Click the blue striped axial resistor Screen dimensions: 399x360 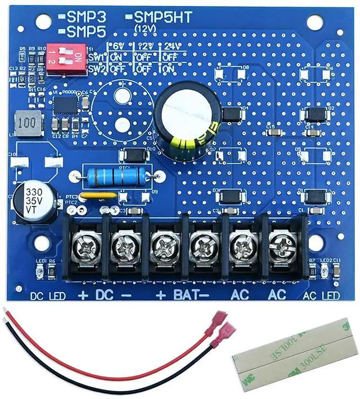click(x=117, y=176)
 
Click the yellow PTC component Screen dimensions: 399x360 click(x=98, y=196)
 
